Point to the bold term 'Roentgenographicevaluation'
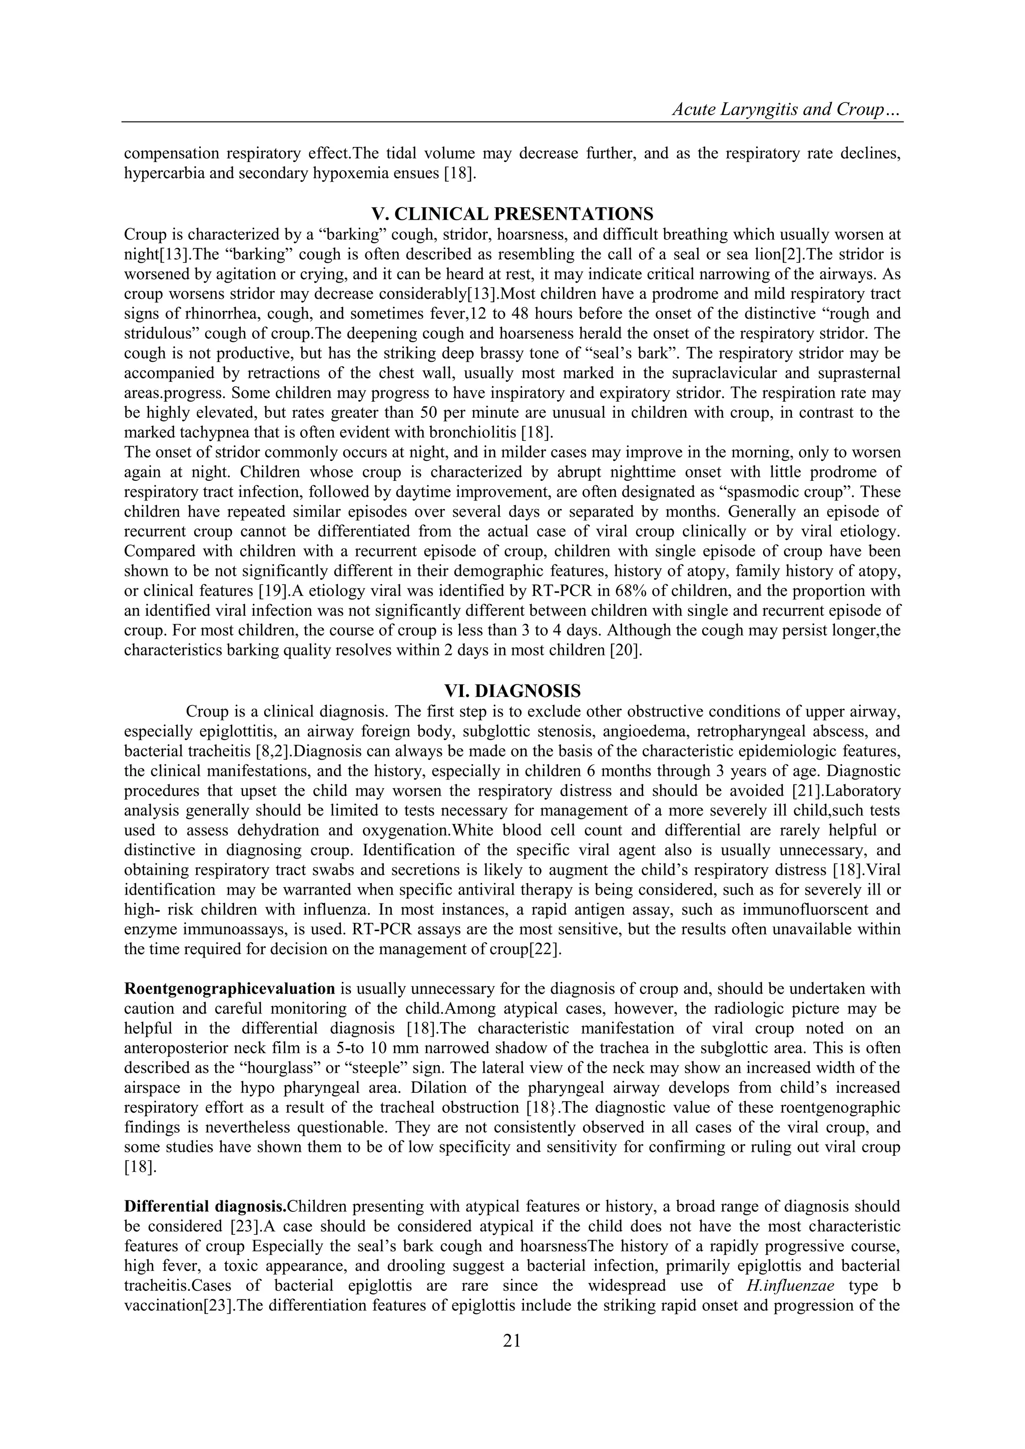[229, 988]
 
